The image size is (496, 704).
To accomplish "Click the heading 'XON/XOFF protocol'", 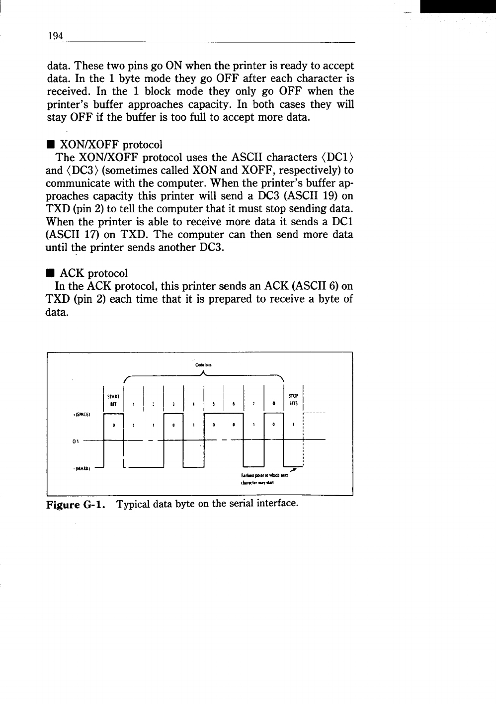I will pos(111,145).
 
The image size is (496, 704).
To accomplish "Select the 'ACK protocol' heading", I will pos(93,273).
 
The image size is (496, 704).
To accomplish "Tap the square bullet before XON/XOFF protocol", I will pos(50,145).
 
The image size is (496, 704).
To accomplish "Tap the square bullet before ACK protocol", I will pos(50,273).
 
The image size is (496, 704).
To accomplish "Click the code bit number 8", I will pos(274,404).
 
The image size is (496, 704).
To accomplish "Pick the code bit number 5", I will pos(213,404).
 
